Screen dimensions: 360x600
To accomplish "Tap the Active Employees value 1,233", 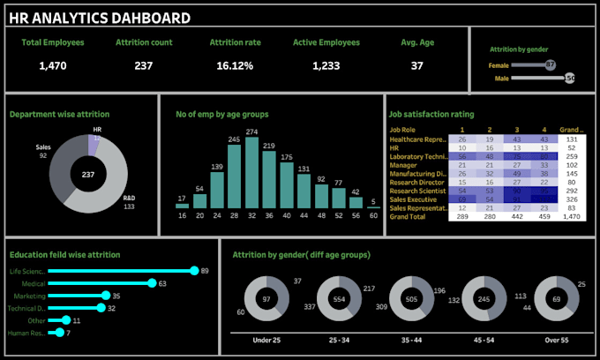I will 321,66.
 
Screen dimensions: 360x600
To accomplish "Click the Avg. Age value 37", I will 416,66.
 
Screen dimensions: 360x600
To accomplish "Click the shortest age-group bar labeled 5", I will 373,207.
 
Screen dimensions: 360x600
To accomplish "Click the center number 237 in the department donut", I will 87,176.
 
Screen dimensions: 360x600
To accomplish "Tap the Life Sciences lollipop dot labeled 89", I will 195,271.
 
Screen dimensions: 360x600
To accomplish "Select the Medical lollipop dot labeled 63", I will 152,283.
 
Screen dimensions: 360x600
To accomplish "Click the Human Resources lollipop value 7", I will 68,333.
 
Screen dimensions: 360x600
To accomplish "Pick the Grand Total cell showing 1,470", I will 572,216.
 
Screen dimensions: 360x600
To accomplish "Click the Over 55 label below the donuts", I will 556,339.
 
